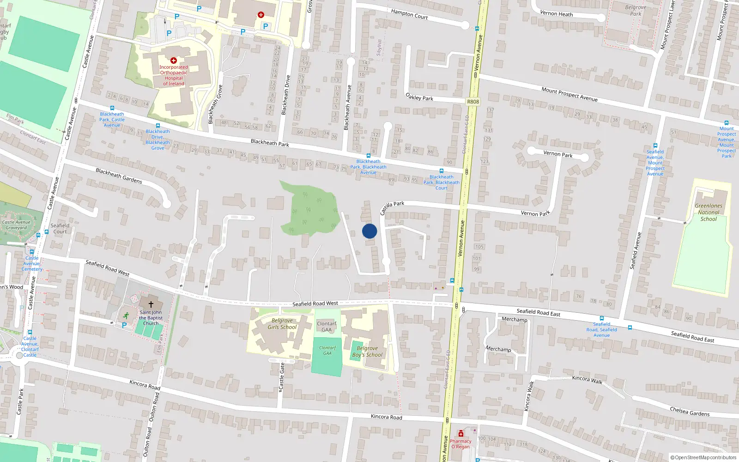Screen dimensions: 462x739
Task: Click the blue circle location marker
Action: pyautogui.click(x=369, y=231)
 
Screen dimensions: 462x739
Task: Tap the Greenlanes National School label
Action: pyautogui.click(x=709, y=213)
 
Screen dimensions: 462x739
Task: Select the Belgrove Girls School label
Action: pyautogui.click(x=282, y=324)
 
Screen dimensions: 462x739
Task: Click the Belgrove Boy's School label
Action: pyautogui.click(x=367, y=352)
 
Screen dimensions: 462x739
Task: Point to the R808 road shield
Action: pyautogui.click(x=473, y=102)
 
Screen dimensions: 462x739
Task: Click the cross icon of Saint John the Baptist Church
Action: pyautogui.click(x=151, y=304)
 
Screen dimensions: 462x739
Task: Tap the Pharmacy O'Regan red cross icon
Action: pyautogui.click(x=460, y=434)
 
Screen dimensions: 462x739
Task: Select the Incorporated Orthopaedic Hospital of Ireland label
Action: pyautogui.click(x=174, y=75)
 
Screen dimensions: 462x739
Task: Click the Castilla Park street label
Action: pyautogui.click(x=392, y=207)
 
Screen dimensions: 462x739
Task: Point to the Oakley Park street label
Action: pyautogui.click(x=419, y=97)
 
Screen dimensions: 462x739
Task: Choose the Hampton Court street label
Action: pyautogui.click(x=409, y=14)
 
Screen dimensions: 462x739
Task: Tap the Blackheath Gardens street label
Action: pyautogui.click(x=119, y=176)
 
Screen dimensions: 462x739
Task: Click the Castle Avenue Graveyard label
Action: pyautogui.click(x=16, y=225)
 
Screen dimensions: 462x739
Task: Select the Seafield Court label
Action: pyautogui.click(x=60, y=229)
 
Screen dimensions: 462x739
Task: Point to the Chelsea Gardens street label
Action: pyautogui.click(x=690, y=412)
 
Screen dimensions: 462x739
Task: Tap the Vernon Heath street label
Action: pyautogui.click(x=556, y=14)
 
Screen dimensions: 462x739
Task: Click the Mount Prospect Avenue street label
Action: pyautogui.click(x=569, y=94)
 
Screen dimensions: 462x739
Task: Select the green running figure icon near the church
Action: pyautogui.click(x=126, y=316)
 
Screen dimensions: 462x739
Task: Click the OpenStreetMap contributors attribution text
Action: pyautogui.click(x=703, y=457)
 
